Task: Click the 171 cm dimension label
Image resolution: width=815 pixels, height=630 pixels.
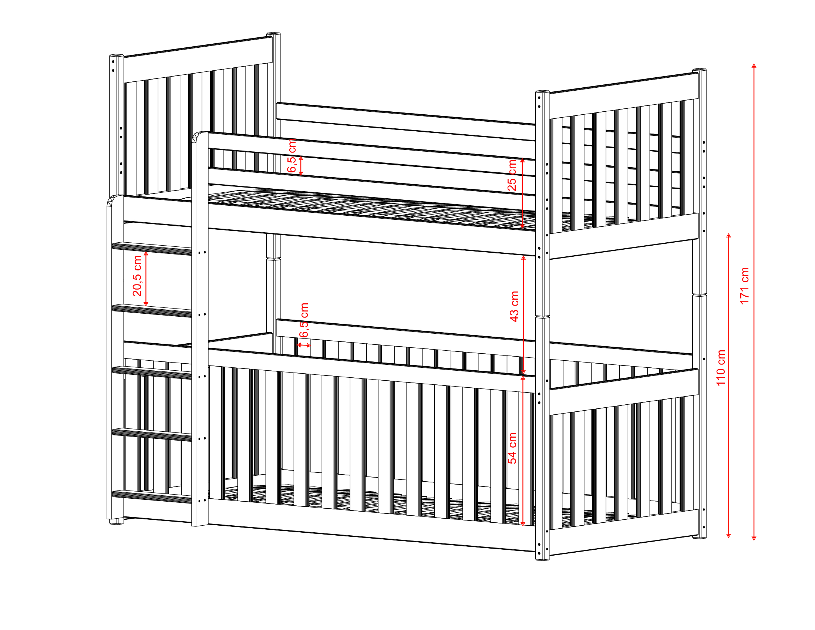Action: (744, 286)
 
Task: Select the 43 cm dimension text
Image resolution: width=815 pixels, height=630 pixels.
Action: (514, 306)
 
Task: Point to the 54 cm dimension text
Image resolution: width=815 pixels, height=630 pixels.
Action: (512, 448)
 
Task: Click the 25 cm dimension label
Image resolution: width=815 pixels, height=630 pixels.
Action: (512, 175)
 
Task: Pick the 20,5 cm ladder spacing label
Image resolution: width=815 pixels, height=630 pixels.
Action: (137, 276)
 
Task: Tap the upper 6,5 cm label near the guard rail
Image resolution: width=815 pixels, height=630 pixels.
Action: (292, 156)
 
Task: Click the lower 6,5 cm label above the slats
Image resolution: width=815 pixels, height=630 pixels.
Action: (304, 320)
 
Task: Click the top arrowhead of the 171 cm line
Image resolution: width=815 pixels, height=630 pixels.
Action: (754, 66)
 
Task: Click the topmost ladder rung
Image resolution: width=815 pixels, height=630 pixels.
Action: (152, 249)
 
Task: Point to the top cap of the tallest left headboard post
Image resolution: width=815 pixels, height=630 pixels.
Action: (273, 34)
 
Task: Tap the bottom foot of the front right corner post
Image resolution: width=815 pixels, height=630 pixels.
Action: (542, 558)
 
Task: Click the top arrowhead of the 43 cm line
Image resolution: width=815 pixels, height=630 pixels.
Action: (523, 258)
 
